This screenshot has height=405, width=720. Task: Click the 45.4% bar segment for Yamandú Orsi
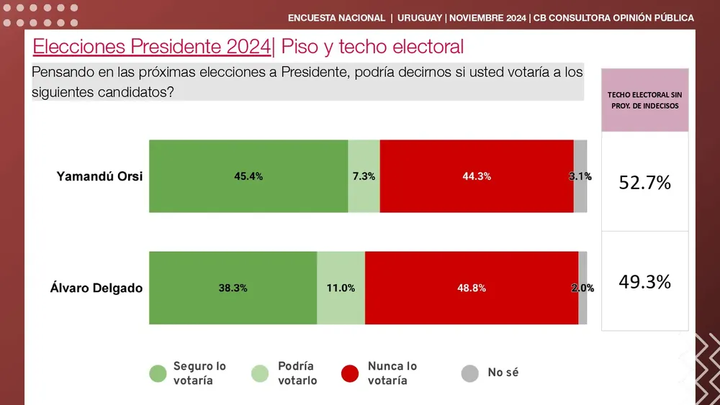(x=248, y=176)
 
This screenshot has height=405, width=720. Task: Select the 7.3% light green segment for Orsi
(x=364, y=176)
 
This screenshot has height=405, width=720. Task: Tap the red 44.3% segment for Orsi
(x=477, y=176)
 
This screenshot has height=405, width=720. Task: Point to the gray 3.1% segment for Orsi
(x=580, y=176)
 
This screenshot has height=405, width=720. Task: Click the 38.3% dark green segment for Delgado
(x=233, y=288)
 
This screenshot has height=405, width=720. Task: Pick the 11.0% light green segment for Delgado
(x=341, y=288)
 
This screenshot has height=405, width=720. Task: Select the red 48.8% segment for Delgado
(x=472, y=288)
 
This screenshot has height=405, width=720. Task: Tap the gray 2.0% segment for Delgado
(x=582, y=288)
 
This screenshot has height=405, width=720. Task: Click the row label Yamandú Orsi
(x=99, y=177)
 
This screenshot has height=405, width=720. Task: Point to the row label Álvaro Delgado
(x=96, y=288)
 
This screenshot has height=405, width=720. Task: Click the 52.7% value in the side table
(x=644, y=183)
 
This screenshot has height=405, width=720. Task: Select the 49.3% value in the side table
(x=644, y=282)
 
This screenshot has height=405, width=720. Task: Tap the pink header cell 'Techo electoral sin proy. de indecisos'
(x=644, y=100)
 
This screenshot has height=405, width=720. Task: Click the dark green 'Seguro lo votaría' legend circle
(x=158, y=373)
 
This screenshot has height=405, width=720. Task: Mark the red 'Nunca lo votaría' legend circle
(x=350, y=373)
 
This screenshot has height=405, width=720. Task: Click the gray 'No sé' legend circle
(x=470, y=373)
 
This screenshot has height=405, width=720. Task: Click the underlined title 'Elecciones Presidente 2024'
(x=152, y=47)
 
